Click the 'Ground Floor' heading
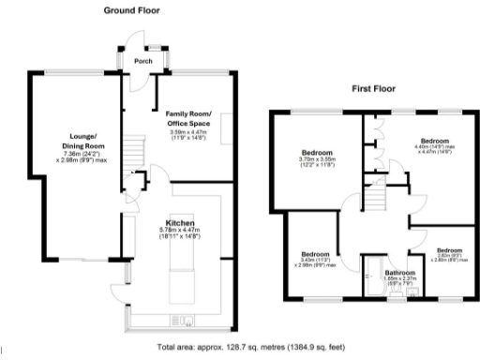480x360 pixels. (x=130, y=10)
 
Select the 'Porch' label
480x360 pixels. (x=143, y=62)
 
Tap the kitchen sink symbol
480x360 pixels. (x=187, y=323)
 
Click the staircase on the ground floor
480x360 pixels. (x=135, y=150)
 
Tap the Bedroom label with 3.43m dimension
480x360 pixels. (x=315, y=254)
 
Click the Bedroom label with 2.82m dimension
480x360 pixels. (x=449, y=250)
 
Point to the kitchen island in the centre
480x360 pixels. (x=177, y=277)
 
